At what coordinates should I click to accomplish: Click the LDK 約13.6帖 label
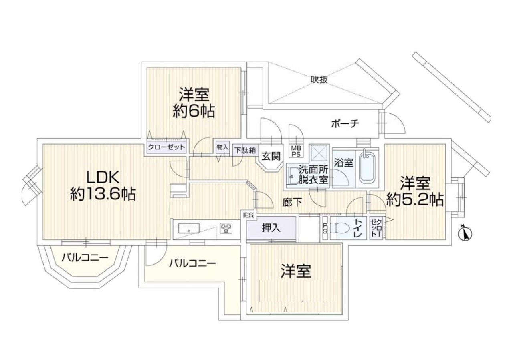[x=103, y=185]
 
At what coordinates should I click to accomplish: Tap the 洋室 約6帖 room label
[x=194, y=103]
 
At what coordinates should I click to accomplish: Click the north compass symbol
[x=465, y=233]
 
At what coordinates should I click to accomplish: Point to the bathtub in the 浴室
[x=368, y=167]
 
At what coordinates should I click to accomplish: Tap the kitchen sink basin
[x=189, y=229]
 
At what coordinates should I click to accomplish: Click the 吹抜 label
[x=319, y=79]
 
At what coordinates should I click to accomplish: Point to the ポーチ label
[x=345, y=124]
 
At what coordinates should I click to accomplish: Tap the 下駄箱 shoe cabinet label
[x=245, y=151]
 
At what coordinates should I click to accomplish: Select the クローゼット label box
[x=167, y=147]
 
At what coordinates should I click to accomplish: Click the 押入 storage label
[x=271, y=228]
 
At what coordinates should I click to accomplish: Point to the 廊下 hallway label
[x=292, y=203]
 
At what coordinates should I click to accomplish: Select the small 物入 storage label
[x=222, y=147]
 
